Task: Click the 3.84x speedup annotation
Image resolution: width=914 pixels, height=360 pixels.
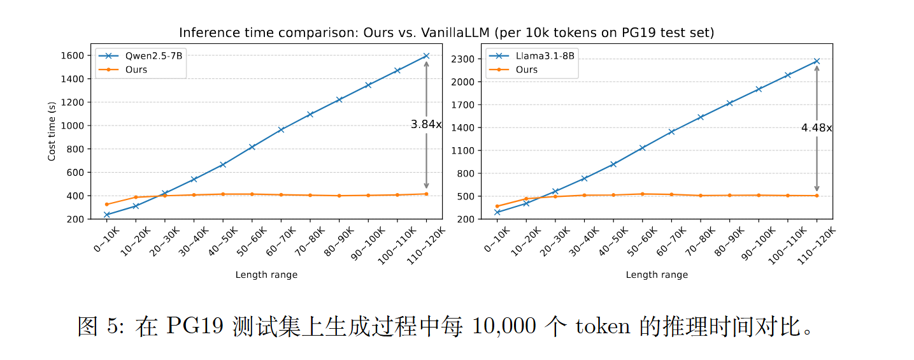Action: (425, 125)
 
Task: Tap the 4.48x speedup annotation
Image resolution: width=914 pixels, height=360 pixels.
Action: (816, 128)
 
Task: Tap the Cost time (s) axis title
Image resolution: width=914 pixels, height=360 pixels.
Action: (52, 131)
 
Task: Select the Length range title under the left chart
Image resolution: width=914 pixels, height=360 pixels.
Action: (266, 275)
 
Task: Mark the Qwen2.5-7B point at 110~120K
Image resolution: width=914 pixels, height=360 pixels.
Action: (426, 56)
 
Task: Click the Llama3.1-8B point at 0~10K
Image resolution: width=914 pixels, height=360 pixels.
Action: (497, 212)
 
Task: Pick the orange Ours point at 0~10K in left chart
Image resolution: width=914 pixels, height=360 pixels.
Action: (106, 205)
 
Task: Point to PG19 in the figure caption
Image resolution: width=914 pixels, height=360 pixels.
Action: (196, 326)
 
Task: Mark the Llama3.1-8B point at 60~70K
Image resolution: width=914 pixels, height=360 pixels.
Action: (671, 132)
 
